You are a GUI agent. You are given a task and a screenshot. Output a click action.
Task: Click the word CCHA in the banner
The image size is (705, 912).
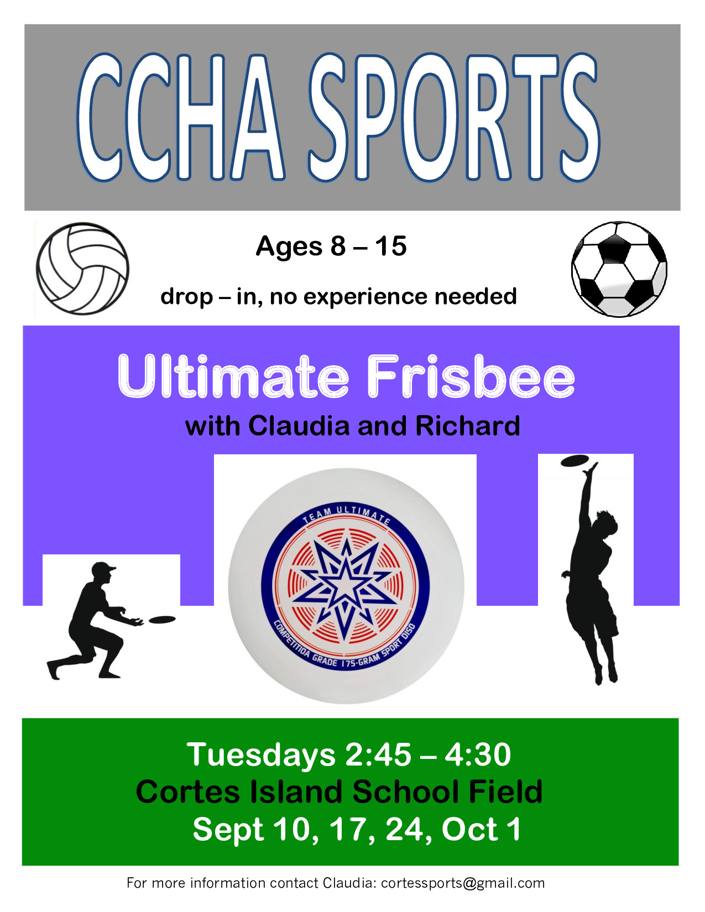click(181, 117)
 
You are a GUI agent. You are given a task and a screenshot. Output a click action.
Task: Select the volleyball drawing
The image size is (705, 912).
click(82, 269)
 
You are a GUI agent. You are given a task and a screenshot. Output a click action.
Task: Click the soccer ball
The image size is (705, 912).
click(619, 269)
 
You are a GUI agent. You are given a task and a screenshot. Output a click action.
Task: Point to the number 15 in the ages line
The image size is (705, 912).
click(391, 246)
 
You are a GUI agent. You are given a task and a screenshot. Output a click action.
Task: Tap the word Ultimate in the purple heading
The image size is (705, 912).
click(233, 376)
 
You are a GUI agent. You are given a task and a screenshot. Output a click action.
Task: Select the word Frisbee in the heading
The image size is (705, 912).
click(471, 376)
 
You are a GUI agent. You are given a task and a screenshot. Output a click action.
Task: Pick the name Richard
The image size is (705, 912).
click(468, 426)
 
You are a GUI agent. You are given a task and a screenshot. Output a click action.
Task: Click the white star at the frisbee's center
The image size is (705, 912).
click(345, 585)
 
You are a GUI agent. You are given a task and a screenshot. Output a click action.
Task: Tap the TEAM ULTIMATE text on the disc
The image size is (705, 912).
click(346, 515)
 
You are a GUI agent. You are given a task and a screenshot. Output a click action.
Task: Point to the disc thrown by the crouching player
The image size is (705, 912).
click(162, 620)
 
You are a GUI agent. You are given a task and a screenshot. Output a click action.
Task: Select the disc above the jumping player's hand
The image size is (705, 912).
click(575, 461)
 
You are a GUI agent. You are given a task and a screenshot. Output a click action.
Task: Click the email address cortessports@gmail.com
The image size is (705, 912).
click(463, 883)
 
